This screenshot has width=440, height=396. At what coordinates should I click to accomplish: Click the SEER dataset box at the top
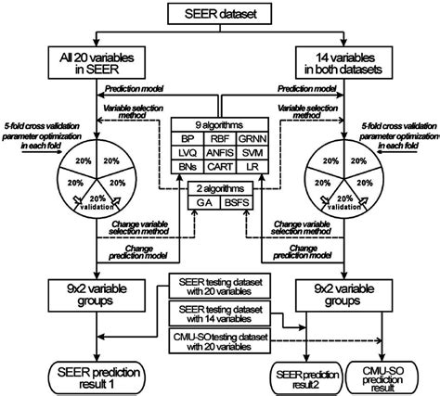coord(220,13)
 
